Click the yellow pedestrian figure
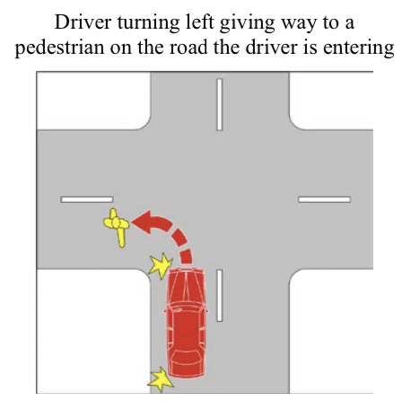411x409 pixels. tap(116, 224)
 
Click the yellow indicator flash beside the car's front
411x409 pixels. tap(161, 265)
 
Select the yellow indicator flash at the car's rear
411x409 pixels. tap(161, 379)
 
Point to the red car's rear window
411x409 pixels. tap(187, 356)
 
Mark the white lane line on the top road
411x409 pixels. tap(220, 104)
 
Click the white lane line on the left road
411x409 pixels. tap(87, 199)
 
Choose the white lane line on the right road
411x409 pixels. tap(325, 199)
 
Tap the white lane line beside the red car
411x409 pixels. tap(220, 295)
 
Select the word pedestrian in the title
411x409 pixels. tap(60, 48)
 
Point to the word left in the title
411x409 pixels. tap(200, 22)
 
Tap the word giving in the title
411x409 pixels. tap(247, 23)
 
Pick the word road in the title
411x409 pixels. tap(188, 48)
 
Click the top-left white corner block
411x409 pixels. tap(92, 100)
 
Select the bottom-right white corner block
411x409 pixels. tap(331, 331)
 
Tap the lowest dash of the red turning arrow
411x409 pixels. tap(187, 257)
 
